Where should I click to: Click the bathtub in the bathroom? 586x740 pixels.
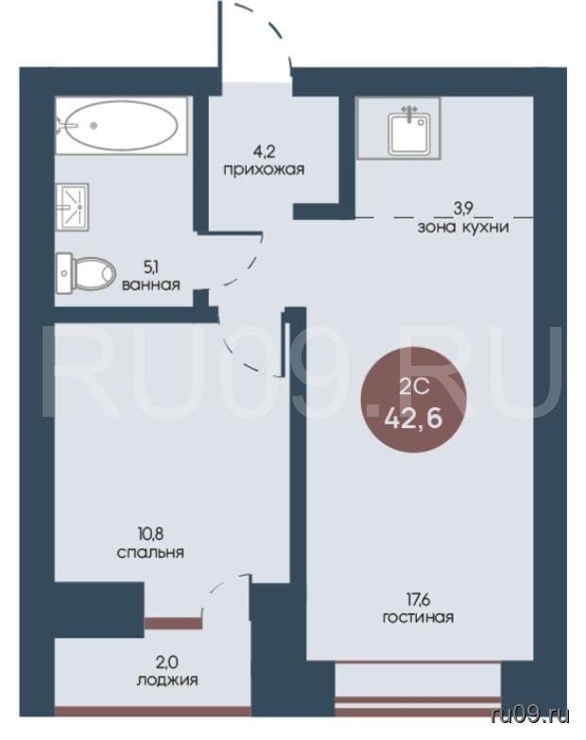(x=121, y=125)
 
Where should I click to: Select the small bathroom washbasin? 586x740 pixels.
(x=72, y=207)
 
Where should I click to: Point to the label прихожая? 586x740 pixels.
(x=264, y=169)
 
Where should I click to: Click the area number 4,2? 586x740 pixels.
(x=264, y=152)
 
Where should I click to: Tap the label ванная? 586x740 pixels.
(x=151, y=284)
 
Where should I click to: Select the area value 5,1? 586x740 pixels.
(x=151, y=267)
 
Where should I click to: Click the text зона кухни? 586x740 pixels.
(x=463, y=228)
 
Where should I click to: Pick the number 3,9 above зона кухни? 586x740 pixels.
(x=463, y=208)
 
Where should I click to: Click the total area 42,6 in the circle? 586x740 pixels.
(x=413, y=418)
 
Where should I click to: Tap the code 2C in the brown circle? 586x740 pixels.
(x=413, y=387)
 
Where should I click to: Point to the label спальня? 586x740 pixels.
(x=150, y=553)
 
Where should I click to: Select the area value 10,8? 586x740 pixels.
(x=151, y=534)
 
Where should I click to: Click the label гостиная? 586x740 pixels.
(x=418, y=617)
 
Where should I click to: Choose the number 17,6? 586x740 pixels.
(x=418, y=600)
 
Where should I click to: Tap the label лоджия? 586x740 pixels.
(x=167, y=680)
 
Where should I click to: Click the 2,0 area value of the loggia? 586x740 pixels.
(x=167, y=663)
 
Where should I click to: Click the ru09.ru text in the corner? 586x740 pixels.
(x=530, y=715)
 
